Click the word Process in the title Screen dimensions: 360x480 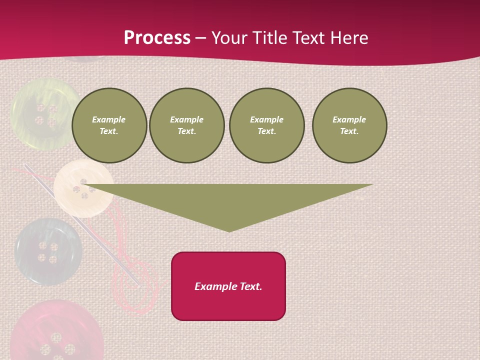pos(157,38)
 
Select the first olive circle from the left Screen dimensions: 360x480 pos(109,125)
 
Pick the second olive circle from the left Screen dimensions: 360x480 pos(186,125)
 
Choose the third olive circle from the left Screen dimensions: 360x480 pos(267,125)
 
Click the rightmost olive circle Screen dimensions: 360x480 pos(349,125)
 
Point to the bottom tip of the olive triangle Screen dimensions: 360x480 pos(229,230)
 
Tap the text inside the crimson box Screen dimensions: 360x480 pos(228,286)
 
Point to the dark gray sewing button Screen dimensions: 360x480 pos(47,251)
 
